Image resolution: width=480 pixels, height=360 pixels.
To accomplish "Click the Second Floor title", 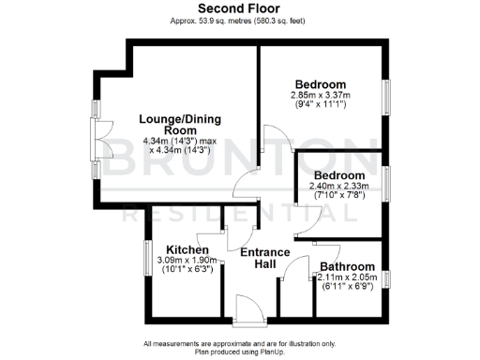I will coord(239,8).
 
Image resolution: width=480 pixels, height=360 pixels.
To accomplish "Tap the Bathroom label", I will coord(348,266).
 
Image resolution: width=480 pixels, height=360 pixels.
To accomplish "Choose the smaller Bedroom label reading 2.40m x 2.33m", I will coord(338,175).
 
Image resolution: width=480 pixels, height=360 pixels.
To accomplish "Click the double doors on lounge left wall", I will coord(97,144).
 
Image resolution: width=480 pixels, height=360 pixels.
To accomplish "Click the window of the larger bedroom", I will coord(384,96).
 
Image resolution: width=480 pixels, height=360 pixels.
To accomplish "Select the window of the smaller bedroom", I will coord(384,183).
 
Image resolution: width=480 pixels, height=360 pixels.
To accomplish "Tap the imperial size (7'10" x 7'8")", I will coord(338,196).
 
